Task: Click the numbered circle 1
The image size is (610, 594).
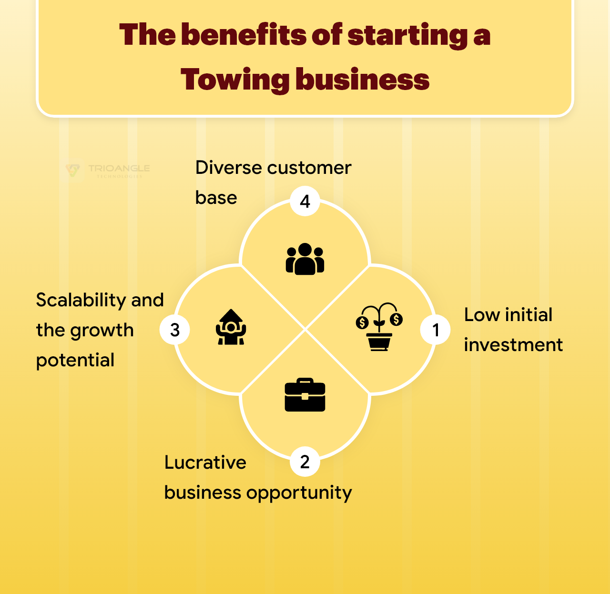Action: [435, 330]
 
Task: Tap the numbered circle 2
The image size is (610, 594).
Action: [305, 461]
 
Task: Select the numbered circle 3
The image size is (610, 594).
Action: [175, 330]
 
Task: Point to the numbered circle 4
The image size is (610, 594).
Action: [305, 201]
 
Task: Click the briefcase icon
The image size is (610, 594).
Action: [305, 395]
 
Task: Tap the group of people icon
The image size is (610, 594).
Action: [305, 259]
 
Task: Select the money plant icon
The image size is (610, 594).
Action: [379, 327]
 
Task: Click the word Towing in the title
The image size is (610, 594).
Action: [234, 79]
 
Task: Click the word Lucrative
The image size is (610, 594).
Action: [205, 463]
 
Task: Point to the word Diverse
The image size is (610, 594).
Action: [228, 168]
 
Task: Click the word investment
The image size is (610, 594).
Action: [513, 345]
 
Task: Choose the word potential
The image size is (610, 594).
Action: [75, 361]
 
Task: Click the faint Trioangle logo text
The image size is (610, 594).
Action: [119, 169]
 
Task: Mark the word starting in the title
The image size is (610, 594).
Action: [407, 36]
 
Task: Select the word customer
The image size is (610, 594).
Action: [309, 168]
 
